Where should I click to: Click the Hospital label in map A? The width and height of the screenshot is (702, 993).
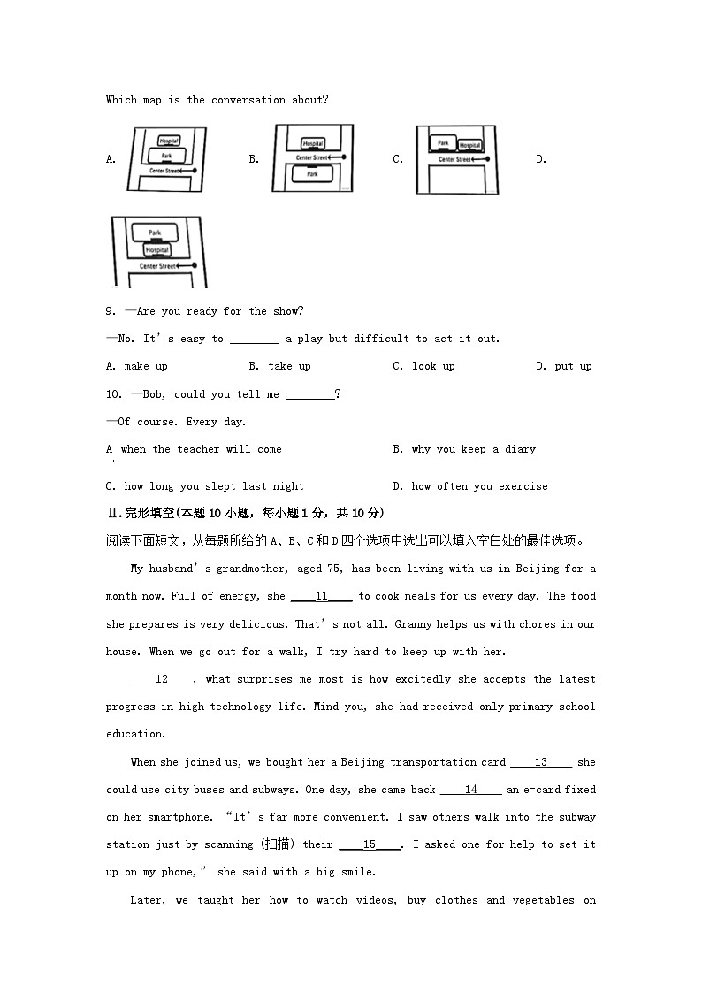(x=169, y=141)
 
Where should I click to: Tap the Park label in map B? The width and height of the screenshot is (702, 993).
(x=312, y=174)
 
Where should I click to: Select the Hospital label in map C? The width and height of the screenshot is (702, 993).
(x=469, y=145)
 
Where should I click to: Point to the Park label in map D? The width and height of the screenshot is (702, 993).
(x=155, y=233)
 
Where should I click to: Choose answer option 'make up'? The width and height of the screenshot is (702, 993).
(x=145, y=366)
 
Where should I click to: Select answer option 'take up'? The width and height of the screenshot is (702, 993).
(x=289, y=366)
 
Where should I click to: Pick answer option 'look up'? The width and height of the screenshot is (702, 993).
(x=433, y=366)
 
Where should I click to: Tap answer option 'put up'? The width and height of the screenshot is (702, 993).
(x=573, y=366)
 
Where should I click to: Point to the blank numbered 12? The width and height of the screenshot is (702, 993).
(x=162, y=679)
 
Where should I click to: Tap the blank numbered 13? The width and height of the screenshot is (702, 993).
(x=541, y=762)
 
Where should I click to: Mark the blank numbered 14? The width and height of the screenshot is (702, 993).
(x=470, y=790)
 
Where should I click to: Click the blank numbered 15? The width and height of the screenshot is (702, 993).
(x=370, y=844)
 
